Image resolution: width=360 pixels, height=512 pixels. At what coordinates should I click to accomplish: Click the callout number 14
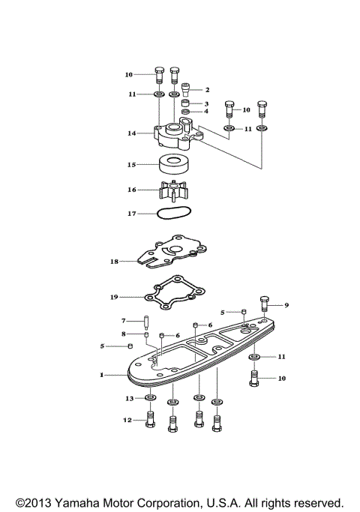(131, 133)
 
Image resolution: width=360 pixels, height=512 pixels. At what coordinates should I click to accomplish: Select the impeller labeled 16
(173, 191)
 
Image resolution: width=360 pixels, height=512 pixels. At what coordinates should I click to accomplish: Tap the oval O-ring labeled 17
(173, 214)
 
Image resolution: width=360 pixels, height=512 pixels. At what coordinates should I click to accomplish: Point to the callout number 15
(131, 163)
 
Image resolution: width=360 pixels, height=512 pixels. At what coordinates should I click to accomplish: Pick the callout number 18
(114, 262)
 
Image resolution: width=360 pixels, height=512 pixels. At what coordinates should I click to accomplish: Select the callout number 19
(114, 297)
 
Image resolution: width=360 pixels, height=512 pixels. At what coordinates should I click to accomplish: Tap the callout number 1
(103, 373)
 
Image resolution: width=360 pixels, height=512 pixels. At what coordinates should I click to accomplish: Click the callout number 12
(127, 421)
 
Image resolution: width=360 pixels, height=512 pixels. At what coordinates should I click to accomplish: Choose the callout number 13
(129, 398)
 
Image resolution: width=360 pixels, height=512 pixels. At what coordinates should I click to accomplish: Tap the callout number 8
(124, 334)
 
